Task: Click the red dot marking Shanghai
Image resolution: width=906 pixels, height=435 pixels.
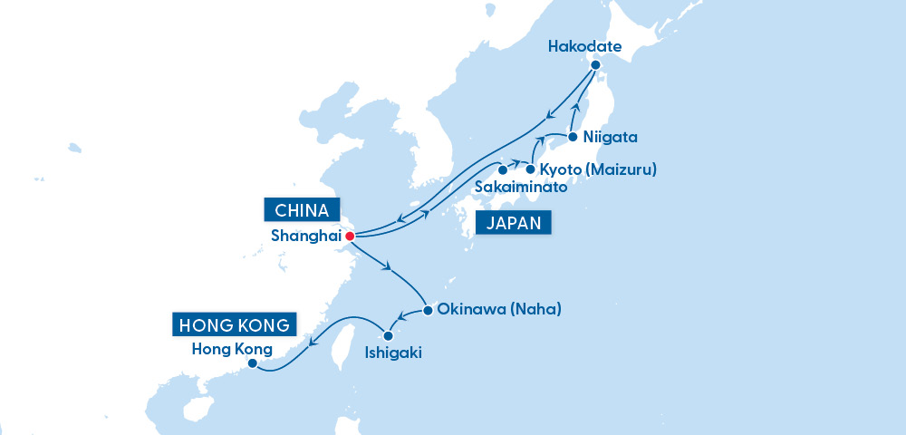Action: click(x=350, y=237)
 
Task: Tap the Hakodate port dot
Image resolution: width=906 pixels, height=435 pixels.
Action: click(x=595, y=65)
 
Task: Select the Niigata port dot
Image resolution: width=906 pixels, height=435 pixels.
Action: click(x=573, y=138)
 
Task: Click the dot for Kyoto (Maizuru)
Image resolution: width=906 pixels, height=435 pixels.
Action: click(x=530, y=169)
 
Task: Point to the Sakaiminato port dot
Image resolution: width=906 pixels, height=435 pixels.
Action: click(x=502, y=169)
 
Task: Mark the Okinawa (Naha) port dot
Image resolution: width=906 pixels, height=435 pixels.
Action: click(x=428, y=310)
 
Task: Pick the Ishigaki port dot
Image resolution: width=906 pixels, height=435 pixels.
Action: click(x=389, y=336)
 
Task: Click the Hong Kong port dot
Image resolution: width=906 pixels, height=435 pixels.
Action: click(x=253, y=364)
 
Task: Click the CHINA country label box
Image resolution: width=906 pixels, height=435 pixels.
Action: click(x=302, y=209)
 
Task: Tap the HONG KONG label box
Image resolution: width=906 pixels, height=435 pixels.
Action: click(x=235, y=324)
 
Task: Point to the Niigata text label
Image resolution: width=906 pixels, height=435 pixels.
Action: click(x=612, y=138)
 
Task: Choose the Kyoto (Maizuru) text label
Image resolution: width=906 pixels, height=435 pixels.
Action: click(x=598, y=169)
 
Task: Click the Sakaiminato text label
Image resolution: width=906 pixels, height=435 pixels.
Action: click(x=520, y=188)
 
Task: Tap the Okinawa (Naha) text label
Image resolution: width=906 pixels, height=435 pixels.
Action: click(x=499, y=309)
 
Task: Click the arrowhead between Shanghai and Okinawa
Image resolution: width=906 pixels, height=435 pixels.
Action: click(x=389, y=267)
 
